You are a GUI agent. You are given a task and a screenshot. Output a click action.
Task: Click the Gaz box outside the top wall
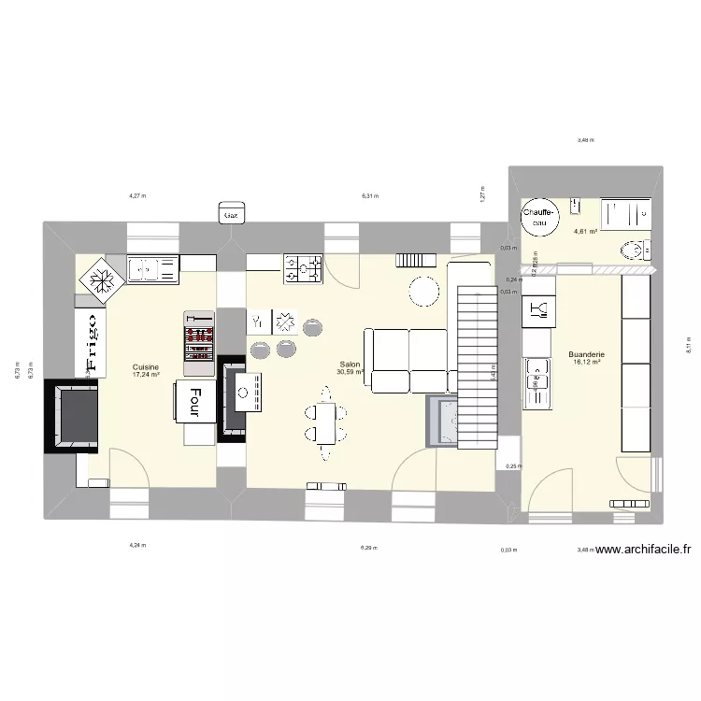coord(230,214)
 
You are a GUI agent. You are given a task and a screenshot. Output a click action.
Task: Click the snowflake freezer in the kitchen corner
coord(99,278)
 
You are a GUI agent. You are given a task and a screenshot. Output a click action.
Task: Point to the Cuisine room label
coord(145,366)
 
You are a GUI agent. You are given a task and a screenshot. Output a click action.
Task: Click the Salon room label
coord(350,365)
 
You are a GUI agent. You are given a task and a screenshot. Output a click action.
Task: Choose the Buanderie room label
coord(586,355)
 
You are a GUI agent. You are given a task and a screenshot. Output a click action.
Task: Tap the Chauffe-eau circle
coord(539,218)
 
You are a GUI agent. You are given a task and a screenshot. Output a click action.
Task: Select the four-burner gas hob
coord(303,268)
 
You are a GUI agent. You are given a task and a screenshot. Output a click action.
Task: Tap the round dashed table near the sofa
coord(423,292)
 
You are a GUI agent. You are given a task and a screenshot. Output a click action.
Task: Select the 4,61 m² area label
coord(586,232)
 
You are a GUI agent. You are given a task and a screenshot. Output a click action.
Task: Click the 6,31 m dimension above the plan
coord(371,196)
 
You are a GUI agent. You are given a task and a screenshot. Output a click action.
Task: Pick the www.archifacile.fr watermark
coord(642,551)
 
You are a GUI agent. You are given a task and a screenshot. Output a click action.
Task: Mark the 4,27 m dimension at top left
coord(137,196)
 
